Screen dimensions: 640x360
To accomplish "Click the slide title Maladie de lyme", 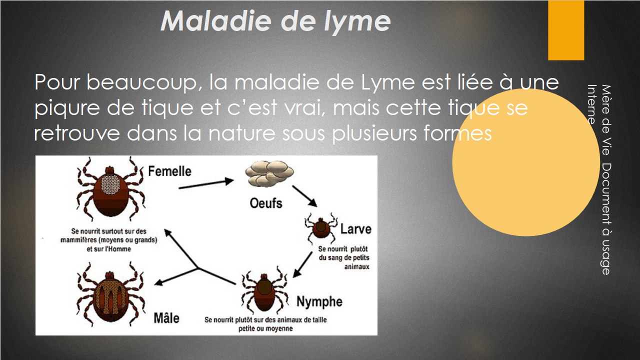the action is tap(275, 21).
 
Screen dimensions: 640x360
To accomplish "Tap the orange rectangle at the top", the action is tap(566, 30).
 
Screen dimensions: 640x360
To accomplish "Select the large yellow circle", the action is tap(526, 162).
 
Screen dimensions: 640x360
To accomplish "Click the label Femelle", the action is tap(169, 171).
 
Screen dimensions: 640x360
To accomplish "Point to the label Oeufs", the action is tap(266, 203).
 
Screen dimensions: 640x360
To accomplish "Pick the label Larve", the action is tap(355, 229).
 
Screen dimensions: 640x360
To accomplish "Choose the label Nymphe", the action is tap(319, 301).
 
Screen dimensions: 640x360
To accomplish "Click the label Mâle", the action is tap(166, 318).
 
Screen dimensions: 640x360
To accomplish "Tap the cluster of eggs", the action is tap(269, 173).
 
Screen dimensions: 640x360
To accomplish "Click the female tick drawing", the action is tap(111, 189).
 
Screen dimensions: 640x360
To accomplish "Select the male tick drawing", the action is tap(110, 294).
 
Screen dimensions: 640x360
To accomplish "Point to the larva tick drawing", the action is tap(321, 228).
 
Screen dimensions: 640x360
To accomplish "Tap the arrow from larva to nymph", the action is tap(302, 264).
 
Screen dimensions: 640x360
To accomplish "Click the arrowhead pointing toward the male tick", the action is tap(159, 282).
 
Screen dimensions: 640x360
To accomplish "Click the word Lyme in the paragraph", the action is tap(387, 82).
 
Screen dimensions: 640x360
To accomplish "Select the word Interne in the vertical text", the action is tap(591, 104).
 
